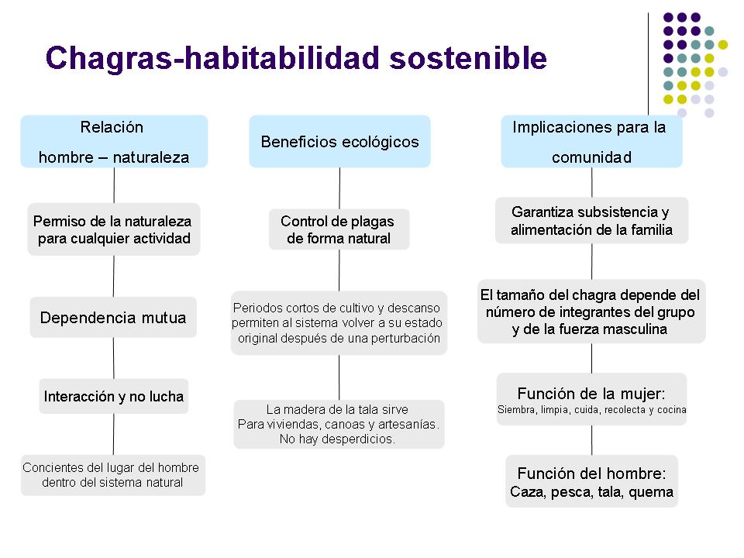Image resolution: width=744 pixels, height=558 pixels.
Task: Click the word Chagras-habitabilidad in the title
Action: (212, 58)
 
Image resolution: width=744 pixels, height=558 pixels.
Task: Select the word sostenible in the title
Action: (468, 58)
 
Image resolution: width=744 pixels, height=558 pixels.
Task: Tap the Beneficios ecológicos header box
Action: (339, 141)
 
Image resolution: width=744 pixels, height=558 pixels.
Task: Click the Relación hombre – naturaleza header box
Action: (114, 141)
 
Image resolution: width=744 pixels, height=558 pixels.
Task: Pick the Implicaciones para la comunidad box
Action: (591, 141)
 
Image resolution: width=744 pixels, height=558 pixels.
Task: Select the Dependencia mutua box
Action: (113, 318)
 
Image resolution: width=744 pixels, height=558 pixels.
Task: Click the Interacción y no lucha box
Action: (114, 396)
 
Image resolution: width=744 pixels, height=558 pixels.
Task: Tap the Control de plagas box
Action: (339, 229)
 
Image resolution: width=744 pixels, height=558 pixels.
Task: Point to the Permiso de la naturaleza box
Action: (114, 229)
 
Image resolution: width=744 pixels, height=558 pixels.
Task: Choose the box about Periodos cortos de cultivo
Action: (339, 323)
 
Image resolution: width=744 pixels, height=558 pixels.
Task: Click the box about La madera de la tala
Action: (339, 424)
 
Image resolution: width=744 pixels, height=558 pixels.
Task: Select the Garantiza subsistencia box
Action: (591, 221)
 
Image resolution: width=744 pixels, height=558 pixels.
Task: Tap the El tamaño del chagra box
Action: (591, 312)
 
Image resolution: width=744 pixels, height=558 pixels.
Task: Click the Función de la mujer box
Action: (591, 399)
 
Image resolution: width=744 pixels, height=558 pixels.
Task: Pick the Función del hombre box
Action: (591, 481)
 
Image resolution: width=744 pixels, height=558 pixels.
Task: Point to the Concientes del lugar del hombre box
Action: (113, 475)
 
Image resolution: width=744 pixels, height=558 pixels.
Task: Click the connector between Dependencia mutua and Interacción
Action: (113, 358)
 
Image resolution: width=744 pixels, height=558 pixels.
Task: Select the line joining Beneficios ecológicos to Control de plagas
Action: (339, 188)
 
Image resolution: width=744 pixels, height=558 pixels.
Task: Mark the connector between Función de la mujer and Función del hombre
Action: (591, 440)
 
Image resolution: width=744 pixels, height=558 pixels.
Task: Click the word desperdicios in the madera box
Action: (358, 439)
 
